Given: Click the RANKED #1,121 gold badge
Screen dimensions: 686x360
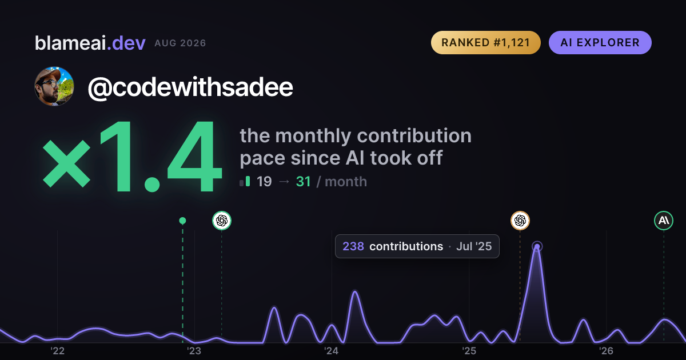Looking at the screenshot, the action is point(486,42).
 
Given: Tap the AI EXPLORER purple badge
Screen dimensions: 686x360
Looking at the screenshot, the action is point(600,42).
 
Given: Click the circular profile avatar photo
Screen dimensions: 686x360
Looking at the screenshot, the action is point(54,86).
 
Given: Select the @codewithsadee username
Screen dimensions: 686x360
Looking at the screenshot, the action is point(190,87).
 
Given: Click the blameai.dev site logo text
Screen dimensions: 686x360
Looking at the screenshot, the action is point(90,43).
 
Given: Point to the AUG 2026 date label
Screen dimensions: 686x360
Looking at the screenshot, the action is point(180,43).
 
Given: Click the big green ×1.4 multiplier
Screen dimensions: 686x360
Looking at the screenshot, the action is point(132,156).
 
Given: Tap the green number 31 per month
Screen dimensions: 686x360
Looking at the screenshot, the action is point(303,182).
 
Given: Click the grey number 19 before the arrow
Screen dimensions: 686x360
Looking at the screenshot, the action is point(264,182).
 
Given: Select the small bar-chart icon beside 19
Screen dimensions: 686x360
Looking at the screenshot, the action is point(245,181).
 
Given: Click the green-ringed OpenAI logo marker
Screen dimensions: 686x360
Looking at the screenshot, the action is point(222,221).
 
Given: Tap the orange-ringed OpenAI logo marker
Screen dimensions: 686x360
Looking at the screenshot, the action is point(520,221).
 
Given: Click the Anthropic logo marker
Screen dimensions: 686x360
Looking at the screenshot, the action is point(664,221).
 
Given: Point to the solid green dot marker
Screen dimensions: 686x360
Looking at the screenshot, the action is point(182,221).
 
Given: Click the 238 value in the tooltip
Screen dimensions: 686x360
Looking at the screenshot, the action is point(353,246).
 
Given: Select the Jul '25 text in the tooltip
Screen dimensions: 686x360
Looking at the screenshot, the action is point(474,246).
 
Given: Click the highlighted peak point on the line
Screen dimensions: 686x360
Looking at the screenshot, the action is point(537,246).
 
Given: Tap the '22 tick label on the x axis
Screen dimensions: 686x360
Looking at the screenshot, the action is point(57,351).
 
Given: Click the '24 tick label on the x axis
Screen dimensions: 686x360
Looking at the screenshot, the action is point(332,351).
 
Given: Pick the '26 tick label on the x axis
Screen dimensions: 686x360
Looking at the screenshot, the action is point(606,351).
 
